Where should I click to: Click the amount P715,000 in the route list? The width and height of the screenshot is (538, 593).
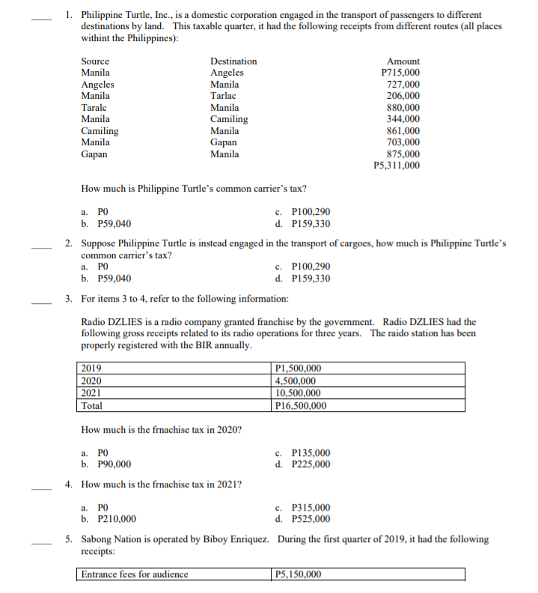400,73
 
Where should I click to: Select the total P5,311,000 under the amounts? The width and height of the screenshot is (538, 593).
396,165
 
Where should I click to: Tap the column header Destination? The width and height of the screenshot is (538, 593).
233,61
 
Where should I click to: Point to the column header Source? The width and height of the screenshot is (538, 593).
95,61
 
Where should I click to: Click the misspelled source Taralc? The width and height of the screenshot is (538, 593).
95,108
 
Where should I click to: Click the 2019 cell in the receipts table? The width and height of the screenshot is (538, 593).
91,368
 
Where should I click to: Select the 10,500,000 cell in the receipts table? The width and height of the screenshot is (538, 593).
299,392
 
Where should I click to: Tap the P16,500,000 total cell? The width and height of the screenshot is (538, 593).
301,405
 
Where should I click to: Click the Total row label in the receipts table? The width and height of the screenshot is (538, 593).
92,405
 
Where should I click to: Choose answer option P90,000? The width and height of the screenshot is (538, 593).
110,464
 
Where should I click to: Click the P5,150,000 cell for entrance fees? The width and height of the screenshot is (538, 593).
299,575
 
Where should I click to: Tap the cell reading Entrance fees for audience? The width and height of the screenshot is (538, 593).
135,575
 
